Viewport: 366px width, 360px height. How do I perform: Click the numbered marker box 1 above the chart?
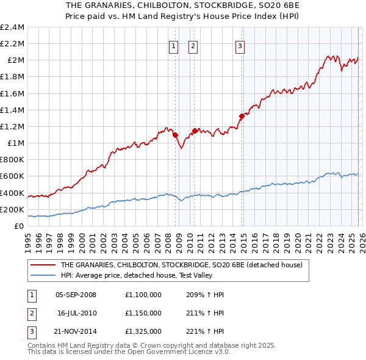point(173,45)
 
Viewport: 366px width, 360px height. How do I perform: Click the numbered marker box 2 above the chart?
point(193,45)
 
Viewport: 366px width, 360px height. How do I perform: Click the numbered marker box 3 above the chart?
point(240,45)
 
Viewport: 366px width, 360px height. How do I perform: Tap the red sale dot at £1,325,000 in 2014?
point(242,116)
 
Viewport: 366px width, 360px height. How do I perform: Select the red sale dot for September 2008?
point(175,135)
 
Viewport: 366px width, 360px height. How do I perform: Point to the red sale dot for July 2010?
point(195,131)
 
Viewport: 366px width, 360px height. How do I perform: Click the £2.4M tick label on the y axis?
point(12,27)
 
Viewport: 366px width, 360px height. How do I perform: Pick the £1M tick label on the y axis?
point(15,143)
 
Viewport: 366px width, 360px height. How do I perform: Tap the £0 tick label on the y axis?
point(19,226)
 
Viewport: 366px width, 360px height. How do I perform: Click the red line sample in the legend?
point(43,265)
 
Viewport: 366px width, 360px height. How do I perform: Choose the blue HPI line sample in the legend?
point(43,276)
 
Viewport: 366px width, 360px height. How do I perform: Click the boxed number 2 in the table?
point(30,313)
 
